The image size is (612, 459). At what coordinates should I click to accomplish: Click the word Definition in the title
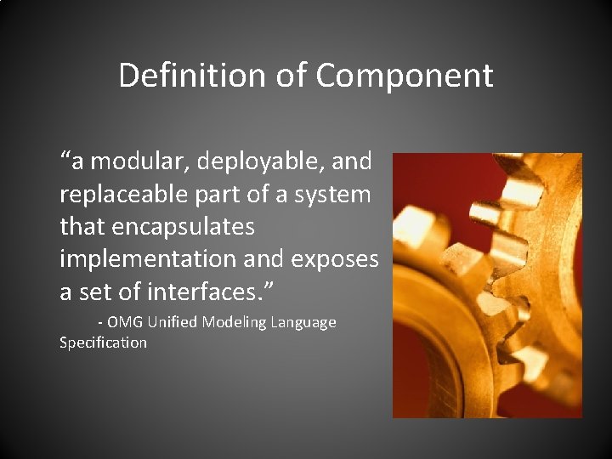pos(194,75)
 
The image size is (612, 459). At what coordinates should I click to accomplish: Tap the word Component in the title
pos(404,75)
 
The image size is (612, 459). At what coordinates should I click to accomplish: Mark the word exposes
pos(332,259)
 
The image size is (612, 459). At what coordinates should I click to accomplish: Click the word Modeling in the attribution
pos(235,323)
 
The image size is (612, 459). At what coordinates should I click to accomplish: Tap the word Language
pos(304,323)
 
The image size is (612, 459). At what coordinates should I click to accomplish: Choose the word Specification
pos(103,343)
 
